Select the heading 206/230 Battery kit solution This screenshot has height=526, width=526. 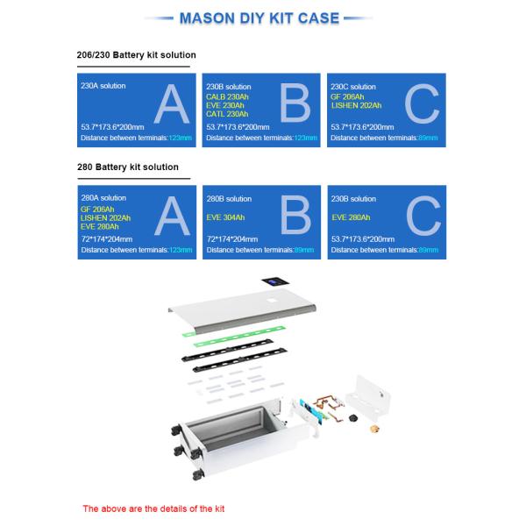(137, 55)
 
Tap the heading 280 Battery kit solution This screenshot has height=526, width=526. (128, 167)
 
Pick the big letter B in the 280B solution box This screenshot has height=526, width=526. (297, 220)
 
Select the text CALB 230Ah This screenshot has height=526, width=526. (227, 96)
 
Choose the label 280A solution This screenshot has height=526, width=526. (103, 199)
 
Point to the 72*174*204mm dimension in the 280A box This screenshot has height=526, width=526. (107, 238)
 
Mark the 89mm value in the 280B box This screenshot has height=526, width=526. (305, 250)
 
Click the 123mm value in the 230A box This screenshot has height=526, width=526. (181, 138)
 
